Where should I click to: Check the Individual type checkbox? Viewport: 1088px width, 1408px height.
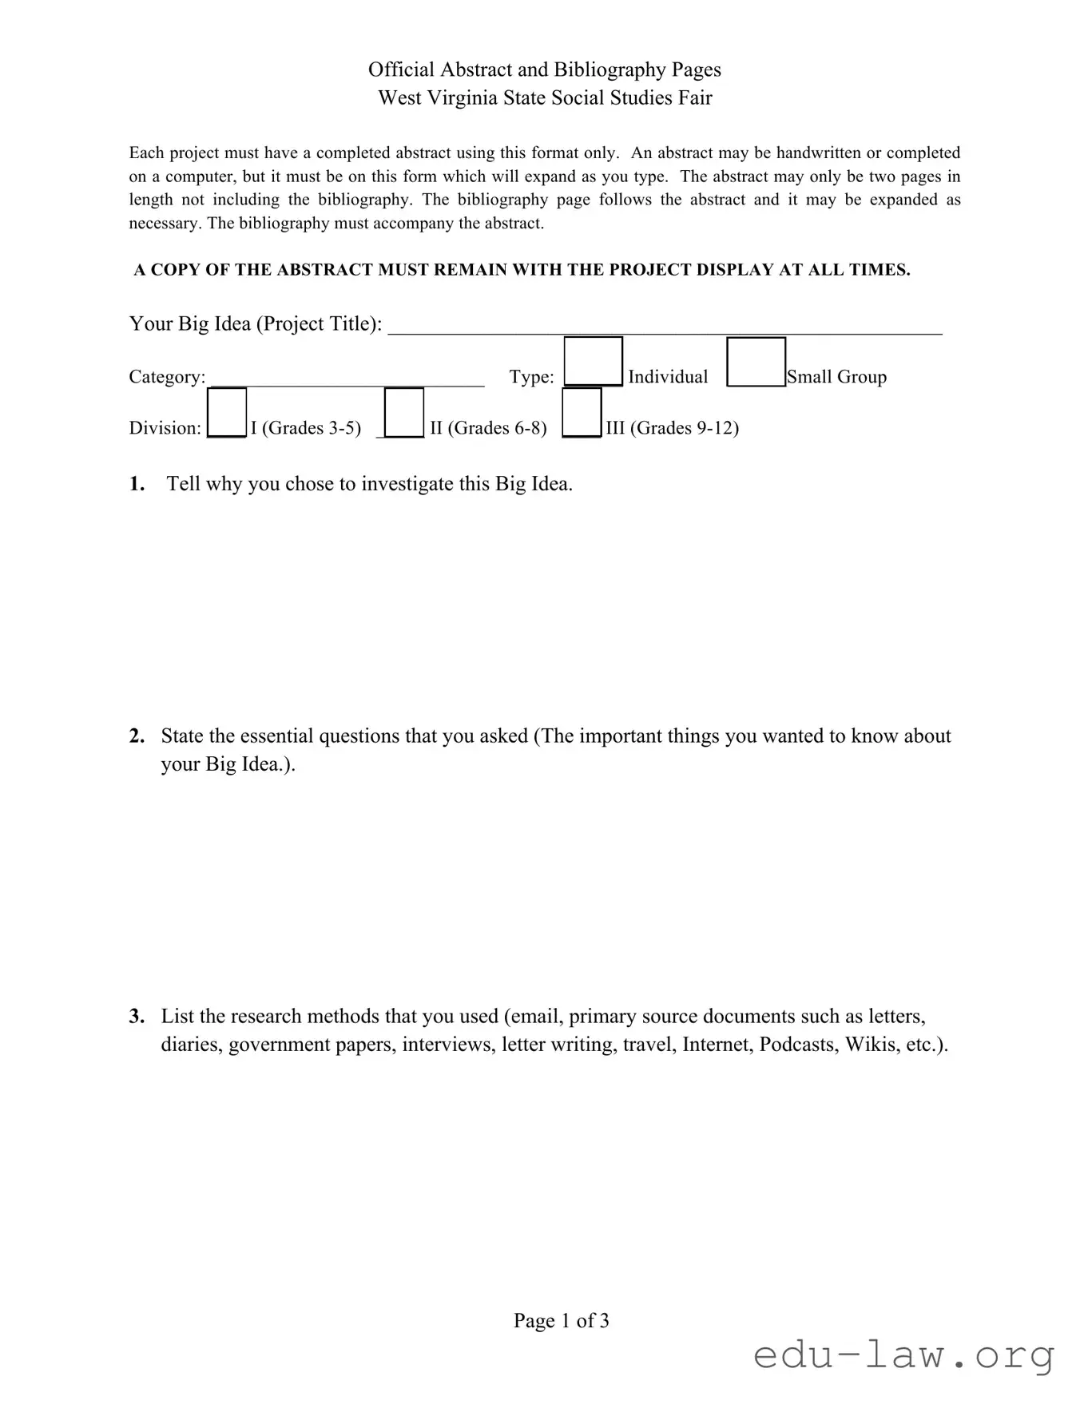point(593,362)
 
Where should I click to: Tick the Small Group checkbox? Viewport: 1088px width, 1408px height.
point(756,362)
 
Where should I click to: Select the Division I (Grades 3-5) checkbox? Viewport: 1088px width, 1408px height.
point(227,412)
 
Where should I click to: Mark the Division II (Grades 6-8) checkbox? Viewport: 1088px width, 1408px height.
point(404,412)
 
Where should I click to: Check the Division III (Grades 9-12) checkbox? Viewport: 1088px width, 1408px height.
point(582,412)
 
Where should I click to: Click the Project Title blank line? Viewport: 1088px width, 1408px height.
point(665,326)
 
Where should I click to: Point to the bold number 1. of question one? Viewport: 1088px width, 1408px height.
point(137,484)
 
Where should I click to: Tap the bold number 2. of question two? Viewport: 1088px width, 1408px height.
point(137,736)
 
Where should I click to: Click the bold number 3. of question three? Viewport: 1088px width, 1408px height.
point(137,1017)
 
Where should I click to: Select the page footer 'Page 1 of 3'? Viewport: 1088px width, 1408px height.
point(561,1320)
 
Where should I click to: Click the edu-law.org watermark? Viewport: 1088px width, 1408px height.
point(903,1356)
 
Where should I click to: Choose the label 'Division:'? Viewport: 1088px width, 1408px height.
point(165,428)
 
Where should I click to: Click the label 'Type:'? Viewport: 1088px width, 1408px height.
point(532,377)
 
